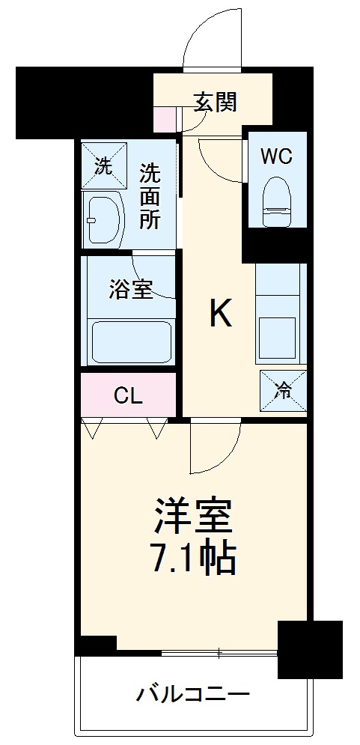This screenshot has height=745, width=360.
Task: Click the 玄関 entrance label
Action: [x=216, y=102]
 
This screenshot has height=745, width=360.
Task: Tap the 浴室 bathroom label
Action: [x=131, y=290]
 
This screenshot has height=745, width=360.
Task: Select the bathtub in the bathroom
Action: [x=131, y=341]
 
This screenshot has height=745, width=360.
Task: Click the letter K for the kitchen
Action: [x=220, y=315]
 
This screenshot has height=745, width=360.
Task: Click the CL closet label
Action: [x=128, y=395]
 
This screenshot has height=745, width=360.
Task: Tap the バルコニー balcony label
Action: [x=192, y=695]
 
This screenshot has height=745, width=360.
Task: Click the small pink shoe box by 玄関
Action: [x=162, y=118]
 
